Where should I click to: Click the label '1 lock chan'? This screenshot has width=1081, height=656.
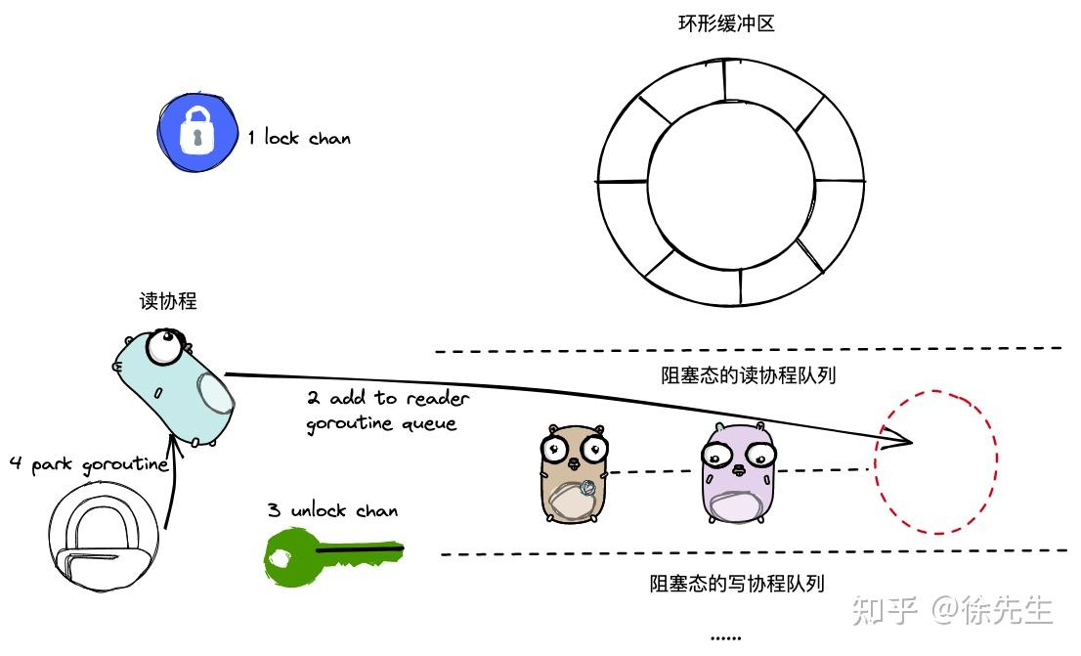[x=298, y=138]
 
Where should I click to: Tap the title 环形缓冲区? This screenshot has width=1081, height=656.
[x=726, y=23]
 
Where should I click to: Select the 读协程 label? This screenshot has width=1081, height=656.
[x=168, y=301]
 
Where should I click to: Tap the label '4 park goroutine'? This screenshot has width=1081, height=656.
[x=88, y=464]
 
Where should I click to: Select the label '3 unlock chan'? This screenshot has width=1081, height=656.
[x=332, y=510]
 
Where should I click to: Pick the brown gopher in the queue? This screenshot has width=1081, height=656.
[x=575, y=473]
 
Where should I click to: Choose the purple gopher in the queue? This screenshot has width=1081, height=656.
[x=739, y=473]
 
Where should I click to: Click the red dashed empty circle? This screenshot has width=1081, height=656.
[x=935, y=461]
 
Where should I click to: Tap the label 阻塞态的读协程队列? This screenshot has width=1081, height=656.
[x=748, y=375]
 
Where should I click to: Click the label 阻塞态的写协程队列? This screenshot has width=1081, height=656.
[x=737, y=584]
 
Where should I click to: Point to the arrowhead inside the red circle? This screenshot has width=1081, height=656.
[x=905, y=442]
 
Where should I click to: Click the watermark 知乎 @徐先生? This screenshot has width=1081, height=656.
[x=952, y=610]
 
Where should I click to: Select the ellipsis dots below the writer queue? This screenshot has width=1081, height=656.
[x=725, y=636]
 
